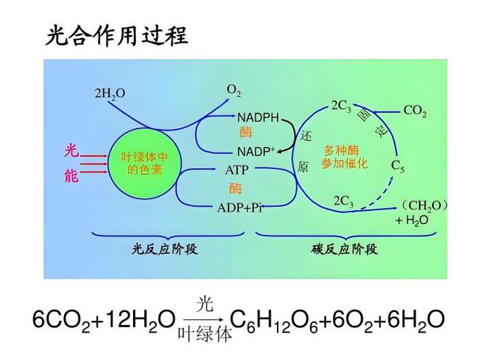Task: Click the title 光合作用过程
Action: point(117,36)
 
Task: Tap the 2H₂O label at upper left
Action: point(110,93)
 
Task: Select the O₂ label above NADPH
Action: point(233,91)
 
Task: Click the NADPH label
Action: point(258,117)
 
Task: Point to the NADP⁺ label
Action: point(256,151)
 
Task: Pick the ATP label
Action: point(236,169)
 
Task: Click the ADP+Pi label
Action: point(239,208)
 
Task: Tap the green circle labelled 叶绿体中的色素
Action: point(145,164)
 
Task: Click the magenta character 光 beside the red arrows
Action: point(71,151)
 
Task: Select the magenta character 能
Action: point(71,176)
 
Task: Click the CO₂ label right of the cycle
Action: point(415,111)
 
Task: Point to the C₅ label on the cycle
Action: point(398,167)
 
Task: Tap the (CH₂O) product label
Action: point(424,205)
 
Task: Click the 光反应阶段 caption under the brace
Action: point(164,249)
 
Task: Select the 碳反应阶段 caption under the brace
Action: point(345,249)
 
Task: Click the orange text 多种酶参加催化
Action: point(344,157)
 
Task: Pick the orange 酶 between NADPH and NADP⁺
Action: point(246,132)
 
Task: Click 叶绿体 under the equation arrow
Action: point(205,334)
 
